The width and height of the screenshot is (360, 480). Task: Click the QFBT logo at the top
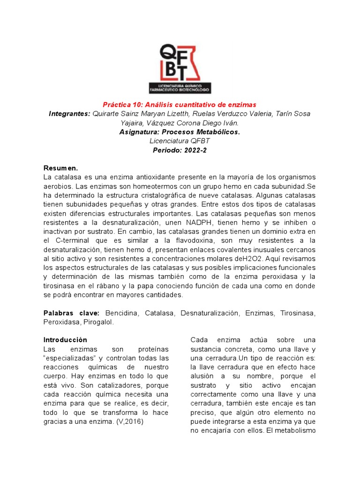(x=180, y=68)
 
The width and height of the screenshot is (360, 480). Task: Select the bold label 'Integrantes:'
(x=69, y=113)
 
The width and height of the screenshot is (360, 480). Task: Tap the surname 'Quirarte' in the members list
(x=106, y=113)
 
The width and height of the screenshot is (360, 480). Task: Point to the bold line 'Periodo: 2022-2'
(x=180, y=150)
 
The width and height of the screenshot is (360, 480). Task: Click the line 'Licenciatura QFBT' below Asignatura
(x=180, y=141)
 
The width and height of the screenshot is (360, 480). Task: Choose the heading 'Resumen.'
(x=60, y=168)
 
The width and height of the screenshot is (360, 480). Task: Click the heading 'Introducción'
(x=65, y=340)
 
